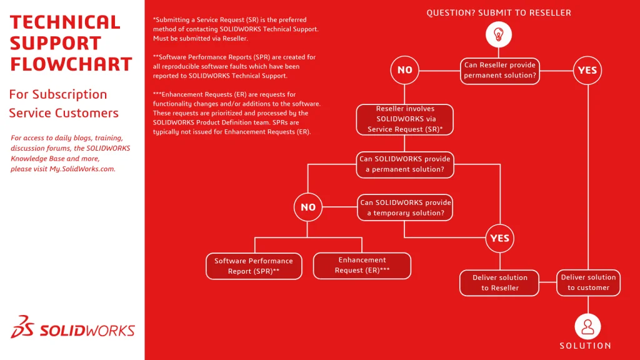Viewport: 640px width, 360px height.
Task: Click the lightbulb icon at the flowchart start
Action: pos(499,34)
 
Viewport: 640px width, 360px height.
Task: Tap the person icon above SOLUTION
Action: pos(587,326)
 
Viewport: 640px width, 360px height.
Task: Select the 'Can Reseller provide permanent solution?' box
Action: pos(500,71)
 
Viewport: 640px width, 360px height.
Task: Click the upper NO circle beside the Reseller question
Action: pos(405,70)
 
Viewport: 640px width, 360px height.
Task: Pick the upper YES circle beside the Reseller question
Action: pos(587,70)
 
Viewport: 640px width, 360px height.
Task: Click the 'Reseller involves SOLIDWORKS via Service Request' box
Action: pos(405,119)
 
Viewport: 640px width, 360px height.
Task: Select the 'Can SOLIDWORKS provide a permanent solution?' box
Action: pos(405,164)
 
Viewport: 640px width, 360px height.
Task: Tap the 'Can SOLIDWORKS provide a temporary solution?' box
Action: pos(405,208)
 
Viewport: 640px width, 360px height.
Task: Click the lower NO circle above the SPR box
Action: pos(308,207)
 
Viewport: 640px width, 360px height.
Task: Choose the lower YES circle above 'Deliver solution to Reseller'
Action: pos(500,237)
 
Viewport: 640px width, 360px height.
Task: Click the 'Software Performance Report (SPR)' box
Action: pos(254,266)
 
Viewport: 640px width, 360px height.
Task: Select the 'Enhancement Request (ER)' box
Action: pos(362,266)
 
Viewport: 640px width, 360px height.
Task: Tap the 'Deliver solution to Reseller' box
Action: pos(500,283)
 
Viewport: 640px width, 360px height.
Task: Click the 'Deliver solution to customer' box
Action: pos(588,282)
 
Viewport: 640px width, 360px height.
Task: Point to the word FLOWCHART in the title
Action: pos(71,64)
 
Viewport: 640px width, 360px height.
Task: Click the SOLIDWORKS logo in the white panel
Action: pos(73,329)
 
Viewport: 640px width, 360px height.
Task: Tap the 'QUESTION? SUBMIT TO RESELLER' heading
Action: pos(499,12)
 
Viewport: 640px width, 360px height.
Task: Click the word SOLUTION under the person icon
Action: pos(586,346)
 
